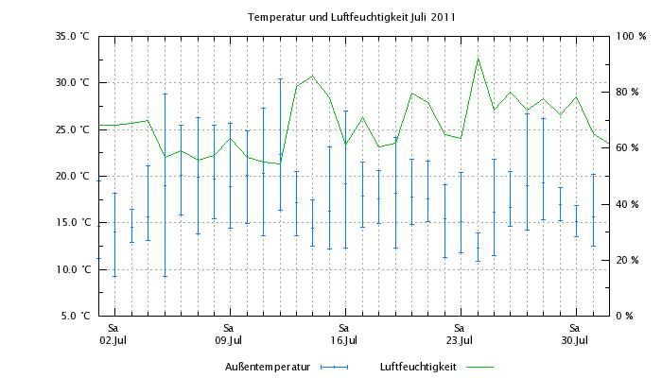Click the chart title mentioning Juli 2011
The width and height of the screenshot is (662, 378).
pos(351,17)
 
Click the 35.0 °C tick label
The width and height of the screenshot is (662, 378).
pos(72,36)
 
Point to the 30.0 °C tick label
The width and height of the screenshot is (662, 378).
pos(72,82)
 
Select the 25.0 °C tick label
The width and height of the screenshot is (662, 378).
pos(72,129)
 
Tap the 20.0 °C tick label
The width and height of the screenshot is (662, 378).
pos(72,176)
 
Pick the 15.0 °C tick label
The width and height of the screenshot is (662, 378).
pos(72,222)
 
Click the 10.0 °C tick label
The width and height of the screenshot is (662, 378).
pos(72,269)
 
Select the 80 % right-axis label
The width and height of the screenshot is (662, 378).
pos(630,92)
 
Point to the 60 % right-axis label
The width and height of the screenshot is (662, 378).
pos(630,148)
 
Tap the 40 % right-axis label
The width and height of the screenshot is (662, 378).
pos(630,204)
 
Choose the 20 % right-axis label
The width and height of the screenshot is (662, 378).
pos(630,260)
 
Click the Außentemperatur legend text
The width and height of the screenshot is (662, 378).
pos(269,366)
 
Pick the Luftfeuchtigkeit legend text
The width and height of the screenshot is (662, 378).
pos(418,366)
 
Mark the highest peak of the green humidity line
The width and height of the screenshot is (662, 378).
pos(478,59)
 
